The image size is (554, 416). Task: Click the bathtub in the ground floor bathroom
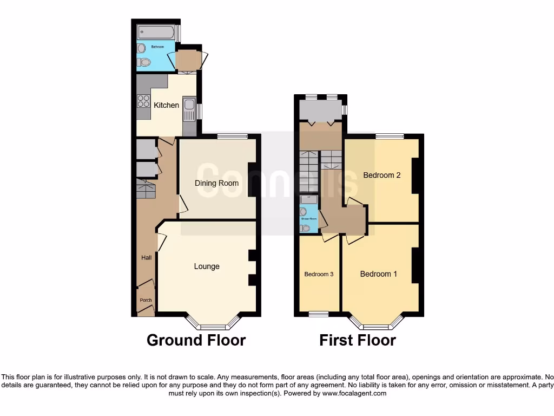click(155, 31)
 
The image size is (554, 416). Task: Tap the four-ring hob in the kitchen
click(143, 101)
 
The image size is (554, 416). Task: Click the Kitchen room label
click(166, 105)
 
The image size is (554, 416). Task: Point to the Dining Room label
click(216, 183)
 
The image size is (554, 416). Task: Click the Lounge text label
click(207, 266)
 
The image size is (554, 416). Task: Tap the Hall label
click(146, 257)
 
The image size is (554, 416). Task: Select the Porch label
click(146, 300)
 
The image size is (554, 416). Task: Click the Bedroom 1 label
click(379, 274)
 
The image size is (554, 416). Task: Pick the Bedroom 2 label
click(382, 175)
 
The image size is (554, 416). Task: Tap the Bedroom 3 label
click(319, 274)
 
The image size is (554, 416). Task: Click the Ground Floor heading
click(196, 340)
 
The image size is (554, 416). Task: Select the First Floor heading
click(358, 340)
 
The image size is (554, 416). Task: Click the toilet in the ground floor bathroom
click(142, 62)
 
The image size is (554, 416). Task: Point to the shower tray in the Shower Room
click(305, 199)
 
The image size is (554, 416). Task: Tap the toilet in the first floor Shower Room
click(306, 228)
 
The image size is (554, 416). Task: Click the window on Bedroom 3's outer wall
click(319, 314)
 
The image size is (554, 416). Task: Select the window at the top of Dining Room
click(233, 136)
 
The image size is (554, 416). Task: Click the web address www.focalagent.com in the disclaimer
click(355, 394)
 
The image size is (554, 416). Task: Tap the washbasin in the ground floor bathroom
click(142, 48)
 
